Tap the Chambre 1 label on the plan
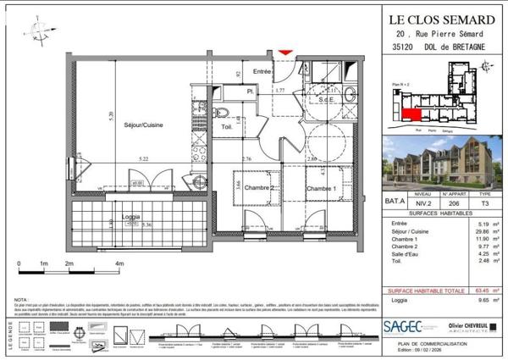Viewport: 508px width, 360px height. click(x=322, y=189)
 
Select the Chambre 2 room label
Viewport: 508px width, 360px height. click(x=263, y=189)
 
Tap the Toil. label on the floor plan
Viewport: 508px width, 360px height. click(x=227, y=127)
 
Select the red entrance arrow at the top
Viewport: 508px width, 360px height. click(x=286, y=53)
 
